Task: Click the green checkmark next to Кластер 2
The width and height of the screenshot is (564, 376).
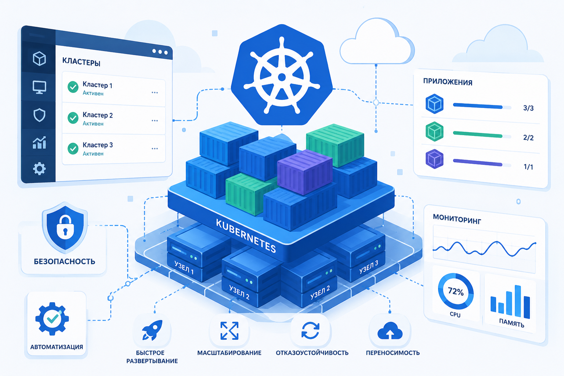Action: (73, 117)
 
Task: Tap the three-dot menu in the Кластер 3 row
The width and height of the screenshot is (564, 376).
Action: (155, 149)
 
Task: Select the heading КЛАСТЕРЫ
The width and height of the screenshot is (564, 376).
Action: (81, 62)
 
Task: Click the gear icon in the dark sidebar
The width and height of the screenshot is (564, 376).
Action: (39, 169)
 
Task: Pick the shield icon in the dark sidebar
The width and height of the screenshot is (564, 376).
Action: (40, 115)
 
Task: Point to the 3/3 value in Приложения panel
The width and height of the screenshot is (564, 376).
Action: (528, 108)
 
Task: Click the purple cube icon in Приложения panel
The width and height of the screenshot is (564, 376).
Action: (434, 159)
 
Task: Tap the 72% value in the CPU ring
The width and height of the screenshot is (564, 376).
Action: (456, 292)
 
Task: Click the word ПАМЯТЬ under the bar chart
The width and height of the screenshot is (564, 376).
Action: (511, 323)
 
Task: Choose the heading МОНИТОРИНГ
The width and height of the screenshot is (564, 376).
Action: (457, 219)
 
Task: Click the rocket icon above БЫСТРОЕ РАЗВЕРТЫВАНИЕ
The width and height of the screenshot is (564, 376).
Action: (152, 330)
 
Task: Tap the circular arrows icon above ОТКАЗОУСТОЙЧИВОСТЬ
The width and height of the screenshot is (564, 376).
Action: (310, 330)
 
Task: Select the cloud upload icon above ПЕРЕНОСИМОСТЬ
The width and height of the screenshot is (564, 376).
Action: (390, 330)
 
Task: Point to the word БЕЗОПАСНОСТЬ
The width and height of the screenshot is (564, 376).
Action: (65, 261)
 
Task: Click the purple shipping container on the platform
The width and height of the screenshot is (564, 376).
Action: (305, 172)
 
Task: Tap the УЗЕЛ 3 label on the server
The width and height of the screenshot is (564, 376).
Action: (369, 267)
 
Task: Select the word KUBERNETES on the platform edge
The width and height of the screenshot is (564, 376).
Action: (246, 235)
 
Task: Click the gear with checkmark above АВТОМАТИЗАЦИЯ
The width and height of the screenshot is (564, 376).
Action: (52, 319)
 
